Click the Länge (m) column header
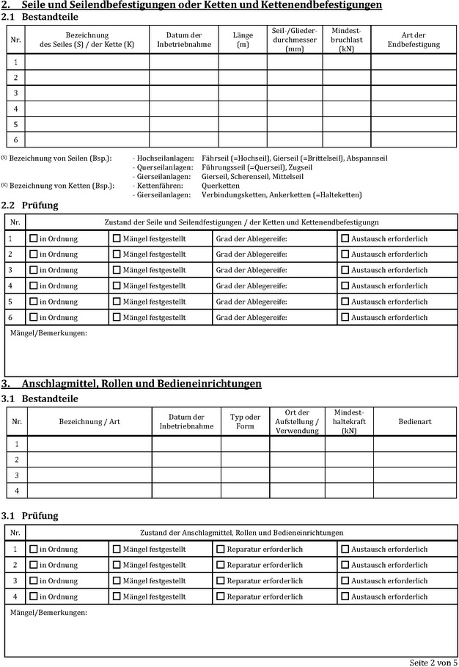click(x=242, y=40)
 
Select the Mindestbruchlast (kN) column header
click(x=346, y=40)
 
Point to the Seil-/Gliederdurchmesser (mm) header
click(x=294, y=40)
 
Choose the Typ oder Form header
click(x=245, y=422)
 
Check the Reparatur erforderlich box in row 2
click(x=221, y=565)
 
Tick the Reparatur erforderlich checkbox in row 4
click(x=221, y=597)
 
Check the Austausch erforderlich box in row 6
click(x=345, y=318)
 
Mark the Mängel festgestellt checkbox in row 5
click(x=117, y=302)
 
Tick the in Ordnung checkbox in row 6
click(x=33, y=318)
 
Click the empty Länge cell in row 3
click(x=242, y=93)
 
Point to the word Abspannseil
click(x=367, y=158)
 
